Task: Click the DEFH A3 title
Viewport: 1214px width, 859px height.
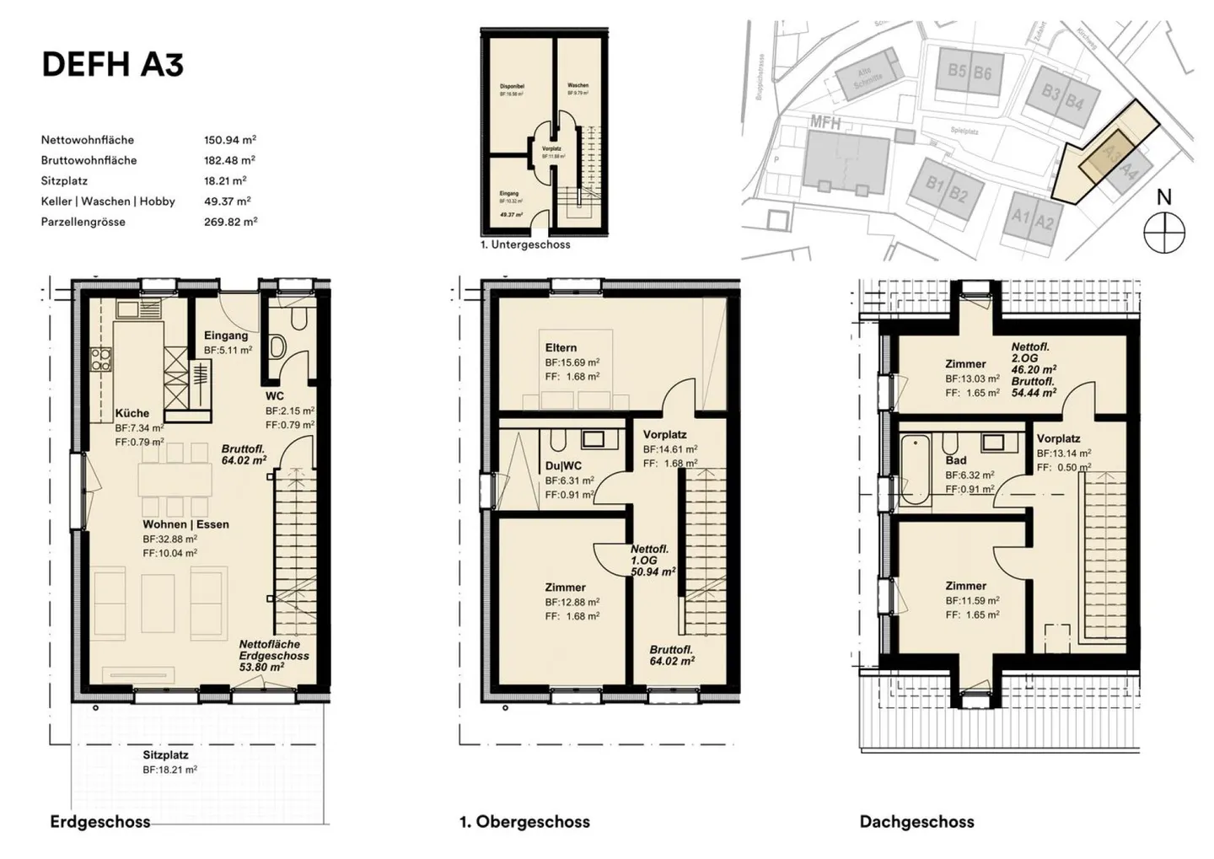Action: [x=112, y=64]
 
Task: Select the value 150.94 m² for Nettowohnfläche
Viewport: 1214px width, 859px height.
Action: [x=229, y=140]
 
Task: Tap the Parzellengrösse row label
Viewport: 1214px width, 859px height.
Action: [x=83, y=222]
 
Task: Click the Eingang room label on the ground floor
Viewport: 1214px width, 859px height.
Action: [x=226, y=336]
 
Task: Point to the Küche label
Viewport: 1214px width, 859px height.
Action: [x=132, y=413]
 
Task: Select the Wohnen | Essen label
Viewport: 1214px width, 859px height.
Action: [x=185, y=524]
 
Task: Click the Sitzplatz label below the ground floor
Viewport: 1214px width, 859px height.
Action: [x=165, y=755]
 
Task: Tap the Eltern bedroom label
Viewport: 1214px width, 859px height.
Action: [x=561, y=347]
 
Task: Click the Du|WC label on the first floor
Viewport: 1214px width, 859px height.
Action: [x=563, y=465]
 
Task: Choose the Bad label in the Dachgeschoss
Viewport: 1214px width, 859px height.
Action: [x=955, y=460]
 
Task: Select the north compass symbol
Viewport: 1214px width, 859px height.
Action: [x=1164, y=232]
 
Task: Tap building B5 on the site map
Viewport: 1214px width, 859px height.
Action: [x=956, y=71]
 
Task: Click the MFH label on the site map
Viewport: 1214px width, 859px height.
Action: [x=825, y=123]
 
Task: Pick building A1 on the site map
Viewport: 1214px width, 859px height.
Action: [x=1021, y=217]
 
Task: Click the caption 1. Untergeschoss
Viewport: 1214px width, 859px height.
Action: [x=524, y=244]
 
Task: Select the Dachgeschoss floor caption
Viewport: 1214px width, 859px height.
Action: [x=916, y=821]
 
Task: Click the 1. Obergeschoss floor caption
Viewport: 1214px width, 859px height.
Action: [x=524, y=821]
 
